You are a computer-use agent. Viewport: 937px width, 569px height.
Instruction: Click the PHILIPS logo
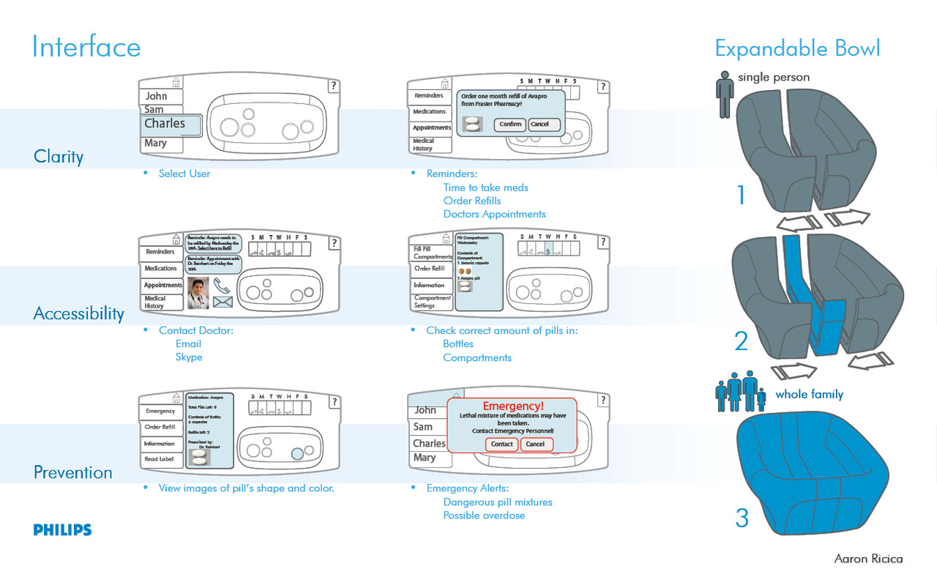pyautogui.click(x=62, y=530)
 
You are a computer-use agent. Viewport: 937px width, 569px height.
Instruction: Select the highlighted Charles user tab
pyautogui.click(x=171, y=124)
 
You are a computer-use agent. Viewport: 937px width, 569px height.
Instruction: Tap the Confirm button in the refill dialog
pyautogui.click(x=510, y=124)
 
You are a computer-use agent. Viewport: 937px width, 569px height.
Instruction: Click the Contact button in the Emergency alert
pyautogui.click(x=501, y=445)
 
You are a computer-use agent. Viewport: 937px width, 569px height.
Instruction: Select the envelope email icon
pyautogui.click(x=223, y=302)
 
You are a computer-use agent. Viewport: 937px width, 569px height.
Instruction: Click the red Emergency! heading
pyautogui.click(x=513, y=406)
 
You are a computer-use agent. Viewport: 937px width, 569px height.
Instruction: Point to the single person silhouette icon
pyautogui.click(x=725, y=94)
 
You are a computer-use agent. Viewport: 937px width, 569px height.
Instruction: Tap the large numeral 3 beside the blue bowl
pyautogui.click(x=742, y=518)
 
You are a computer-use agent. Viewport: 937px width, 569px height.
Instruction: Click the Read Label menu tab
pyautogui.click(x=160, y=459)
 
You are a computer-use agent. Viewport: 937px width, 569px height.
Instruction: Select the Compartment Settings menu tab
pyautogui.click(x=432, y=302)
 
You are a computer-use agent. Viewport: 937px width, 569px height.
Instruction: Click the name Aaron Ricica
pyautogui.click(x=868, y=559)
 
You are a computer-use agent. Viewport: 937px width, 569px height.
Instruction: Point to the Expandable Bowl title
pyautogui.click(x=797, y=49)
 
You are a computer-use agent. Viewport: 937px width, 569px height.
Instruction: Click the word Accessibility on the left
pyautogui.click(x=79, y=314)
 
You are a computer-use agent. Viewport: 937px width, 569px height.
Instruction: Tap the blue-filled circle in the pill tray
pyautogui.click(x=297, y=453)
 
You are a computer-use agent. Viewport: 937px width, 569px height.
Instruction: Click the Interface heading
pyautogui.click(x=86, y=48)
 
